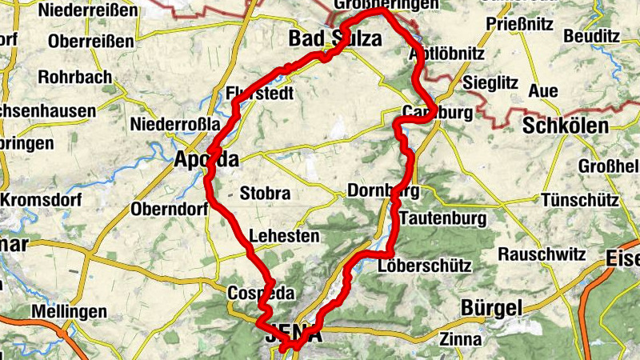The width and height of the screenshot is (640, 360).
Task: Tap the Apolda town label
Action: pos(206,160)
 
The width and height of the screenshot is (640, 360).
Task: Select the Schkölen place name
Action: pos(565,126)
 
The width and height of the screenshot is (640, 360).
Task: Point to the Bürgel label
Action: pos(491,307)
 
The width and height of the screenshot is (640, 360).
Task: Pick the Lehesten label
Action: pos(284,236)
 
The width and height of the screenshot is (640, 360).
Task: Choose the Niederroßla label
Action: pos(174,125)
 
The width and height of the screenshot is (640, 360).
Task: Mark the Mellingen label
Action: pos(69,310)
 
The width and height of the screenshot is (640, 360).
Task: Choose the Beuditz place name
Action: pos(592,36)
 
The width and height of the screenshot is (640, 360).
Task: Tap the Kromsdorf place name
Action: pos(38,198)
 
